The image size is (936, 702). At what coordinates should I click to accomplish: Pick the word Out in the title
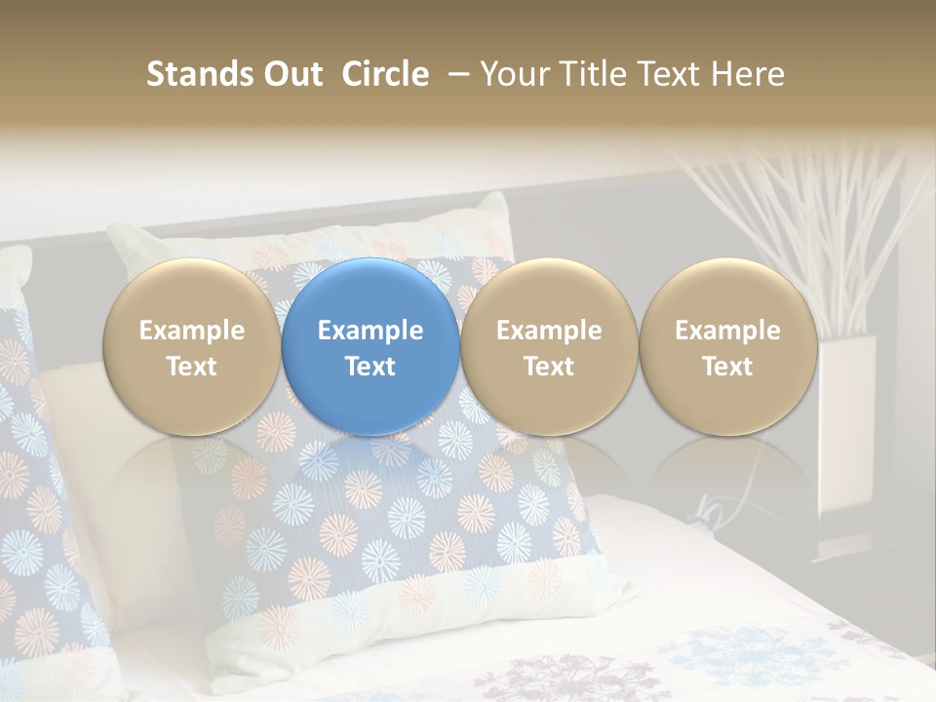[292, 74]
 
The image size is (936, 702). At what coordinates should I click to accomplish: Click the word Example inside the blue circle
[370, 331]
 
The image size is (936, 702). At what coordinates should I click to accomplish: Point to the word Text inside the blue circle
[370, 367]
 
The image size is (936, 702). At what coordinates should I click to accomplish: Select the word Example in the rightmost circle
[727, 331]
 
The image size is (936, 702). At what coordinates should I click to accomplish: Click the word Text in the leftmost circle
[191, 367]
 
